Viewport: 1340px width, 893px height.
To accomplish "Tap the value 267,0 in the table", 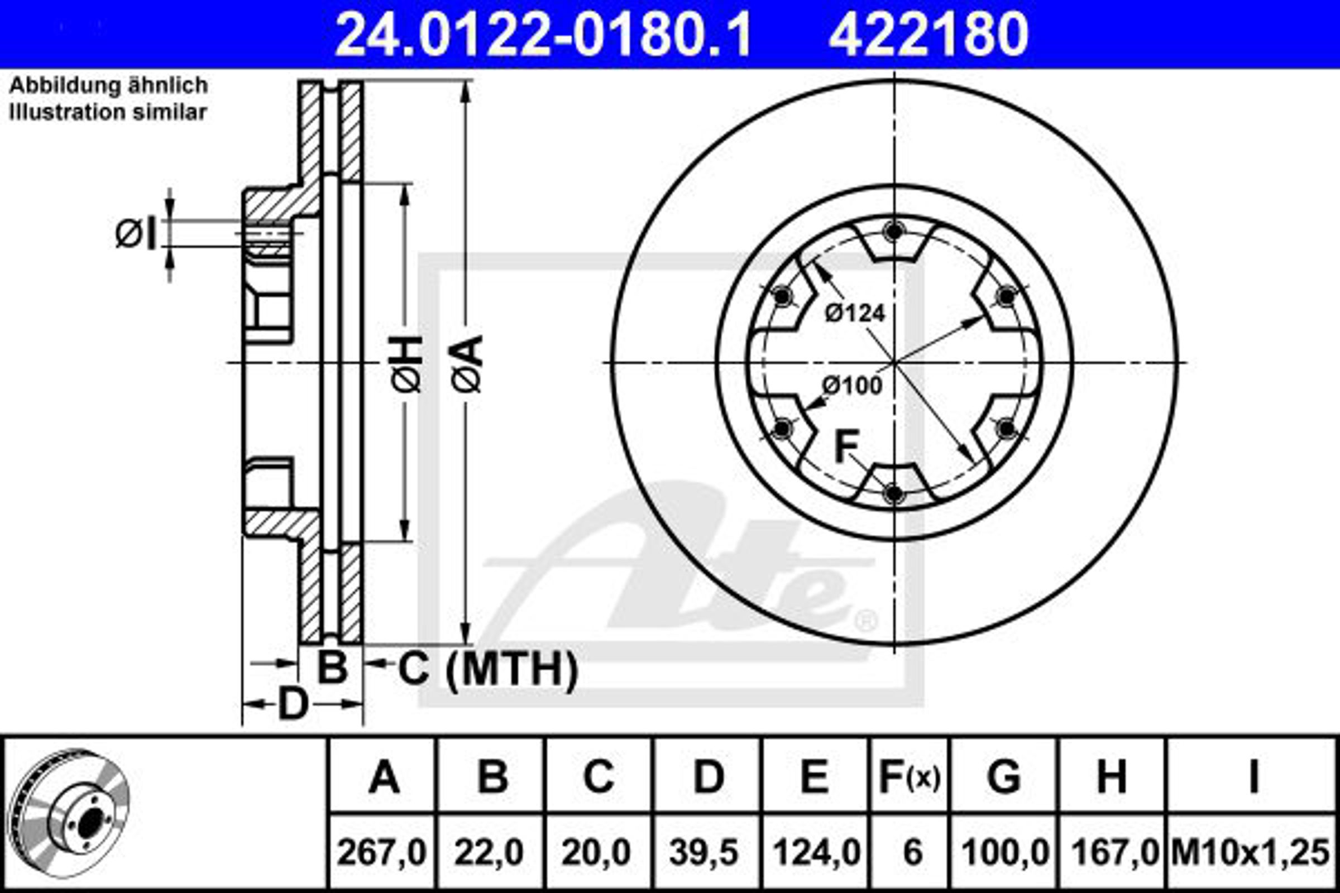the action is (x=382, y=853).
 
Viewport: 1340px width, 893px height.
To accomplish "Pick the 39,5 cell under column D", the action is (x=704, y=853).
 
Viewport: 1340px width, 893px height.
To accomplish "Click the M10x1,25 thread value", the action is (x=1251, y=853).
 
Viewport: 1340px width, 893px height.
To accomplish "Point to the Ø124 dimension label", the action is (x=855, y=313).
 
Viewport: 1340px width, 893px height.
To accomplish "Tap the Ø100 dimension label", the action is (x=853, y=386).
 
